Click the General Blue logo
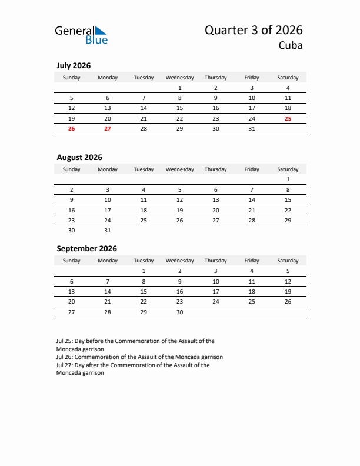click(81, 35)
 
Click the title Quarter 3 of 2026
click(254, 31)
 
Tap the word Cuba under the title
click(291, 46)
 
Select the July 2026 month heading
click(74, 66)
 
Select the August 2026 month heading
click(79, 157)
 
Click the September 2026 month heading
click(86, 248)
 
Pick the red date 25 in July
click(288, 118)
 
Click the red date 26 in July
click(72, 128)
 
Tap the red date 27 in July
click(108, 128)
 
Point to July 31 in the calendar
click(252, 128)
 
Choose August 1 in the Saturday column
click(288, 179)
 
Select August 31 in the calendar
click(108, 230)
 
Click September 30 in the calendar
click(179, 312)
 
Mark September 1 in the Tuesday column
click(144, 271)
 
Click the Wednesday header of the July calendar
click(179, 78)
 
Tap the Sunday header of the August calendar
click(72, 169)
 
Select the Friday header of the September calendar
click(252, 261)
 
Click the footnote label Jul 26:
click(64, 357)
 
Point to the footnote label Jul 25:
click(64, 341)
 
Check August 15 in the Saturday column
click(288, 200)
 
